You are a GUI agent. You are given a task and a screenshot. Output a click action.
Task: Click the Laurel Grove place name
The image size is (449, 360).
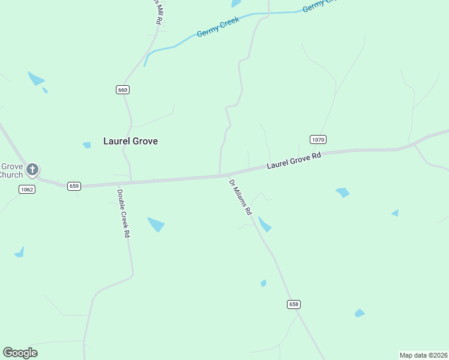pyautogui.click(x=130, y=141)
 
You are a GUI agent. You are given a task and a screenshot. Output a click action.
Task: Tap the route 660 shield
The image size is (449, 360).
pyautogui.click(x=122, y=89)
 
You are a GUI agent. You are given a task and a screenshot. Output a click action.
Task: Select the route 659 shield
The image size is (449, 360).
pyautogui.click(x=74, y=186)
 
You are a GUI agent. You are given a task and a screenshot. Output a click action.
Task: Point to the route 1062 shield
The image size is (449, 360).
pyautogui.click(x=27, y=190)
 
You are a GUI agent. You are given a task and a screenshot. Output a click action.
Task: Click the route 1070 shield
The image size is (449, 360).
pyautogui.click(x=318, y=139)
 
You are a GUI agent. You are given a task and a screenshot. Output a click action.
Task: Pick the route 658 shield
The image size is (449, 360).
pyautogui.click(x=294, y=304)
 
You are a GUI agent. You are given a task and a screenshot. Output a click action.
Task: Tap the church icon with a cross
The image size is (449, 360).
pyautogui.click(x=32, y=169)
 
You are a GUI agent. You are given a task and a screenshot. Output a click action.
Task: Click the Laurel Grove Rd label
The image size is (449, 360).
pyautogui.click(x=294, y=160)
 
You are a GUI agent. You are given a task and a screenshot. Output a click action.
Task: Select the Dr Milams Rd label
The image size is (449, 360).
pyautogui.click(x=241, y=197)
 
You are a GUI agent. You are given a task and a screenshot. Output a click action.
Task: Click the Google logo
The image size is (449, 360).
pyautogui.click(x=20, y=353)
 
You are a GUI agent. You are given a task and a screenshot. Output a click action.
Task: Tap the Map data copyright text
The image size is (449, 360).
pyautogui.click(x=423, y=355)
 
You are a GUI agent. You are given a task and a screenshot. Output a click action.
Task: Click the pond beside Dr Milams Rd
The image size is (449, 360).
pyautogui.click(x=264, y=225)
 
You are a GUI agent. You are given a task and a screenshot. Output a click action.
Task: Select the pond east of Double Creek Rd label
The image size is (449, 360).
pyautogui.click(x=156, y=224)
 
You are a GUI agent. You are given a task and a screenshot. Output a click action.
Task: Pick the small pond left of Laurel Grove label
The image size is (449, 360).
pyautogui.click(x=87, y=145)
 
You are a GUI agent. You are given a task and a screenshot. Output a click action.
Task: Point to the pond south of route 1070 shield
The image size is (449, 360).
pyautogui.click(x=343, y=193)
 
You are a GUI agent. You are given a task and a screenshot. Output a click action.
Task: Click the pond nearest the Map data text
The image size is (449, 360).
pyautogui.click(x=360, y=313)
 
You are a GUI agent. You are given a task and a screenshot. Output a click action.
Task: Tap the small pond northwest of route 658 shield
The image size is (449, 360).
pyautogui.click(x=264, y=283)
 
